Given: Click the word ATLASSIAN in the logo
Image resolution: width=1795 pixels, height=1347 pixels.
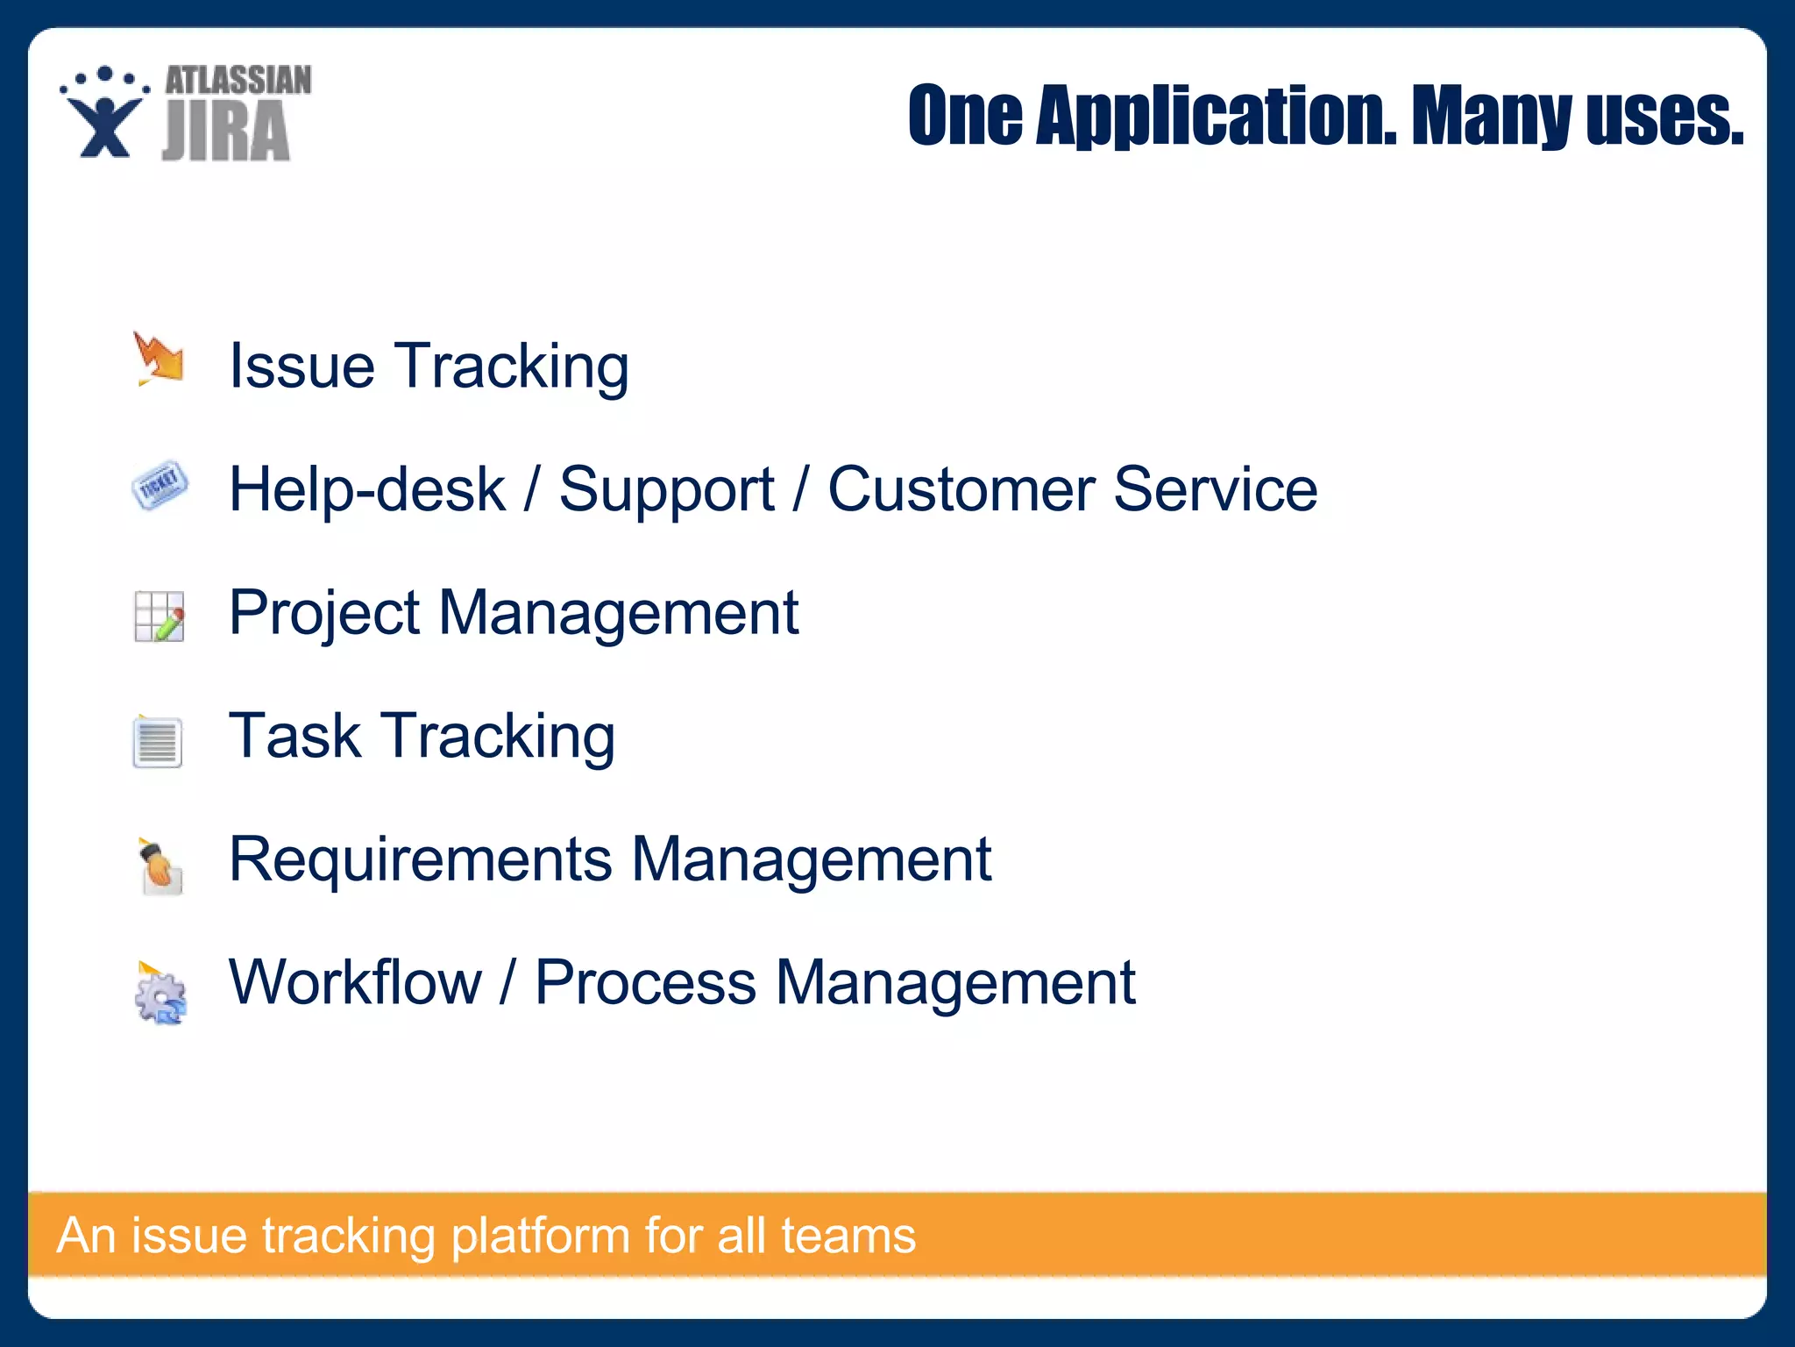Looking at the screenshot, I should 238,81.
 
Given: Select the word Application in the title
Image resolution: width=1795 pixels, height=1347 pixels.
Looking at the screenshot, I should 1216,116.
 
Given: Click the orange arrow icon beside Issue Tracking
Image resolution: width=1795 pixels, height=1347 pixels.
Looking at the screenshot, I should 159,359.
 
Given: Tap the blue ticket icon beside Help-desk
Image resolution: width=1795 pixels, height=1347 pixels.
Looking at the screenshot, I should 160,484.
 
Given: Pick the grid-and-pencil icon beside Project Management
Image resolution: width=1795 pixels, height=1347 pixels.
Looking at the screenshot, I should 160,616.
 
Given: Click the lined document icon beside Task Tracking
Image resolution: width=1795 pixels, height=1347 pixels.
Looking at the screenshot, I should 158,741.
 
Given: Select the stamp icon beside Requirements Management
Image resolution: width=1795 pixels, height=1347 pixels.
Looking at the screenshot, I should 160,866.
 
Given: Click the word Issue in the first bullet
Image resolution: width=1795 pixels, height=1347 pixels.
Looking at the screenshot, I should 302,366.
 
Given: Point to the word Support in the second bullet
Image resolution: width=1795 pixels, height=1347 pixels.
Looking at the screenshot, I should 666,489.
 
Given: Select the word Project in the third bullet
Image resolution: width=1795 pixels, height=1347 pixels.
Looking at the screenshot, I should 324,613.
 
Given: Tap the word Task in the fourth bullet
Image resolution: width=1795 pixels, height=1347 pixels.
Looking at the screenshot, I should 294,736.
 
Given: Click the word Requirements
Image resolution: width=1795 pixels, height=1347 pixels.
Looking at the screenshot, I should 420,859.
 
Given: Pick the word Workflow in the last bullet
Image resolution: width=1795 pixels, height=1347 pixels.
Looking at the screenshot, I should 355,982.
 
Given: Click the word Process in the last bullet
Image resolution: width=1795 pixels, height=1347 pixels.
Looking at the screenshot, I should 645,982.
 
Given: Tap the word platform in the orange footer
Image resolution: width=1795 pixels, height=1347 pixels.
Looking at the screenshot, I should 540,1237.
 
